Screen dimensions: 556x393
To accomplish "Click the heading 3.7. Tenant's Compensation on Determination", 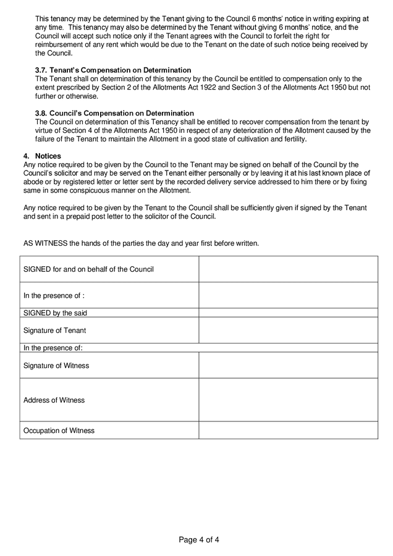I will pyautogui.click(x=113, y=70).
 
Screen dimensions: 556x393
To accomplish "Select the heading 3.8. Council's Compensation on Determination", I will pyautogui.click(x=114, y=114).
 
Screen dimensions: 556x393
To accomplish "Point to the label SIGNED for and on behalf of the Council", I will pyautogui.click(x=88, y=269).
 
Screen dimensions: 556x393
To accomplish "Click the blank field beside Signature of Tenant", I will pyautogui.click(x=288, y=331).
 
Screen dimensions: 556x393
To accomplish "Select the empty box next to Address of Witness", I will pyautogui.click(x=288, y=400).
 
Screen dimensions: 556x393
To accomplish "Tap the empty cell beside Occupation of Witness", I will pyautogui.click(x=288, y=430).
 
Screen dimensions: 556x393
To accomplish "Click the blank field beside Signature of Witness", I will pyautogui.click(x=288, y=365).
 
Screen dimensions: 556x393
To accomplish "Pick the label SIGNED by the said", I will pyautogui.click(x=55, y=313).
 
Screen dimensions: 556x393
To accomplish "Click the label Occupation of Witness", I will pyautogui.click(x=59, y=431).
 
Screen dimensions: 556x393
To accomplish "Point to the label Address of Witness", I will pyautogui.click(x=54, y=400).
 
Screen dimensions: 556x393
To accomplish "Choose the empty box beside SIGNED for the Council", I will pyautogui.click(x=288, y=269).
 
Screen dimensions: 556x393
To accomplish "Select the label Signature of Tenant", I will pyautogui.click(x=54, y=331).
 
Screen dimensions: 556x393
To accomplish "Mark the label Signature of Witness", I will pyautogui.click(x=56, y=366).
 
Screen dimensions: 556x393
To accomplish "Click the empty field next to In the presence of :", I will pyautogui.click(x=288, y=295).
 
